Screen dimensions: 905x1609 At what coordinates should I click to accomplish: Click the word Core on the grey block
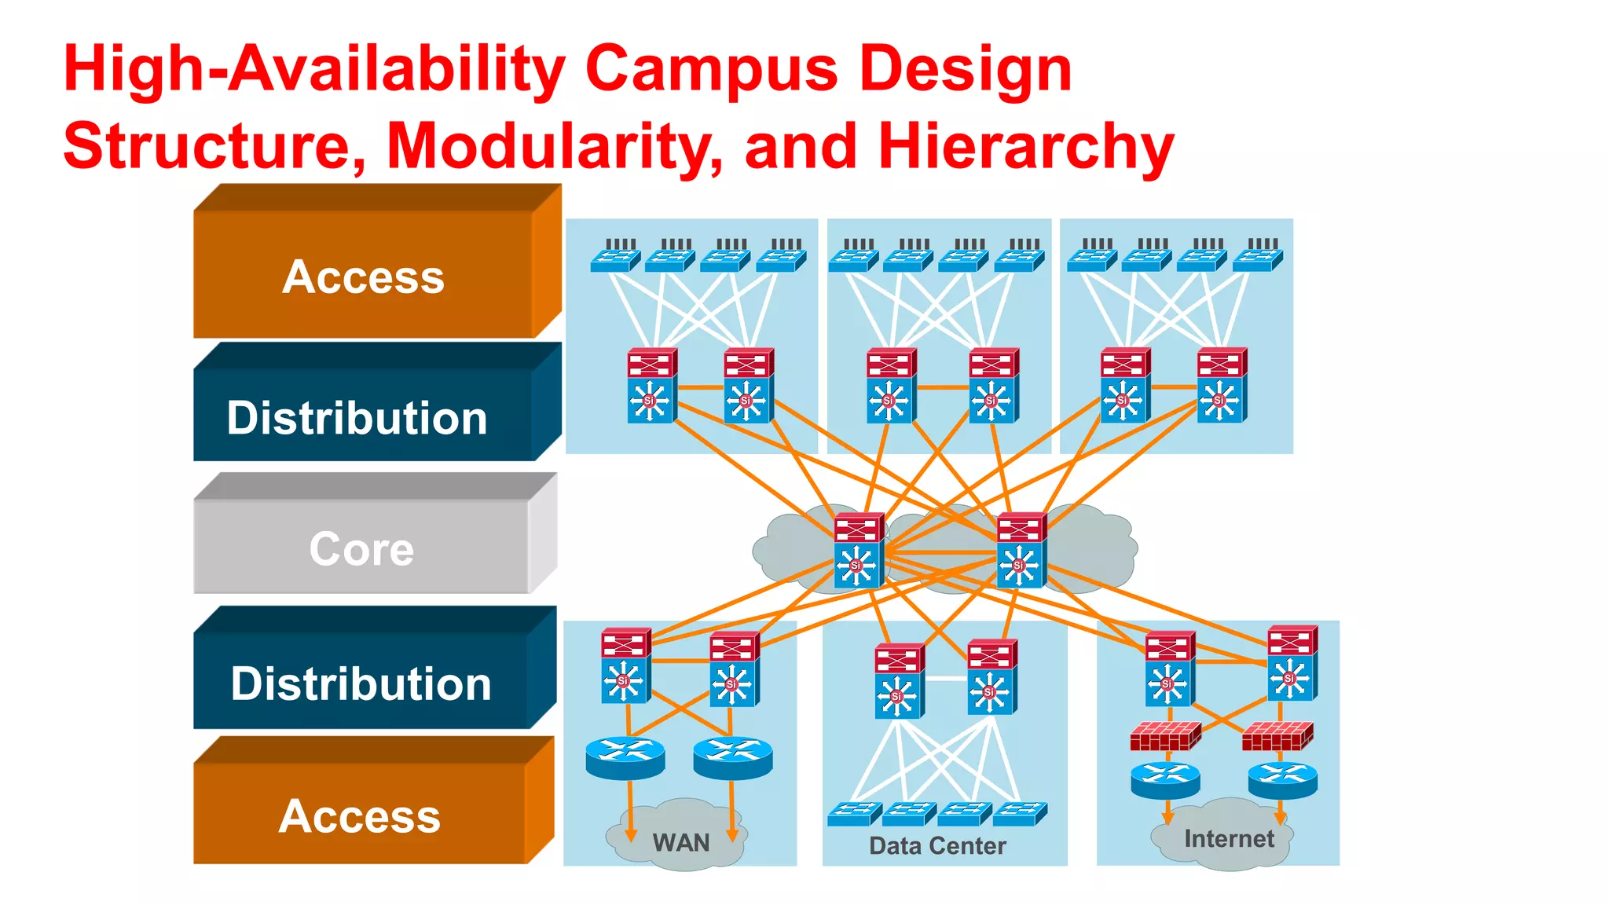pos(361,548)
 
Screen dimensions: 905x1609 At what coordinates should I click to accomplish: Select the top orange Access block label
pos(363,277)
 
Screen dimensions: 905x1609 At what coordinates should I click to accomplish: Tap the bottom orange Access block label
pos(360,815)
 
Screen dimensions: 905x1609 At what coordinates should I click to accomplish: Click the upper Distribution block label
pos(357,417)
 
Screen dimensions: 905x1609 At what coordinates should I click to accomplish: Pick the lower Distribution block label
pos(361,683)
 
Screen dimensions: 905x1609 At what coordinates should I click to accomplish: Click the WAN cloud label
pos(680,843)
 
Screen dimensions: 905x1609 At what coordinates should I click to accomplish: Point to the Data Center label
pos(937,845)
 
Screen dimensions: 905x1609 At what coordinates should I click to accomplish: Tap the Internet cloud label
pos(1229,839)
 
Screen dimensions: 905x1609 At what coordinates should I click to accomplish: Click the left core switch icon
pos(859,550)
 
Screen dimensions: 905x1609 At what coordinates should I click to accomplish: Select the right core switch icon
pos(1021,550)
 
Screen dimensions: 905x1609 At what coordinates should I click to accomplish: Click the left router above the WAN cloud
pos(625,757)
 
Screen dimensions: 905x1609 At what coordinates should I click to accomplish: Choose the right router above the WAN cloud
pos(732,757)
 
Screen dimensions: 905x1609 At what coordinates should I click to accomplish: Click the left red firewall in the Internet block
pos(1165,736)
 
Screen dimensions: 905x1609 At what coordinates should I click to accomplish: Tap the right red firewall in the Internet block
pos(1277,736)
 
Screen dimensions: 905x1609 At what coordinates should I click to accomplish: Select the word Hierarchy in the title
pos(1025,146)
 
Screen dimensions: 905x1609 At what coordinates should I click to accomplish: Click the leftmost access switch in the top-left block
pos(615,258)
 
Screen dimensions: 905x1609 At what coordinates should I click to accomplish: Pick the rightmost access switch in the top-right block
pos(1258,258)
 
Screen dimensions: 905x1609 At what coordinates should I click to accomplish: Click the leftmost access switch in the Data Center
pos(853,814)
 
